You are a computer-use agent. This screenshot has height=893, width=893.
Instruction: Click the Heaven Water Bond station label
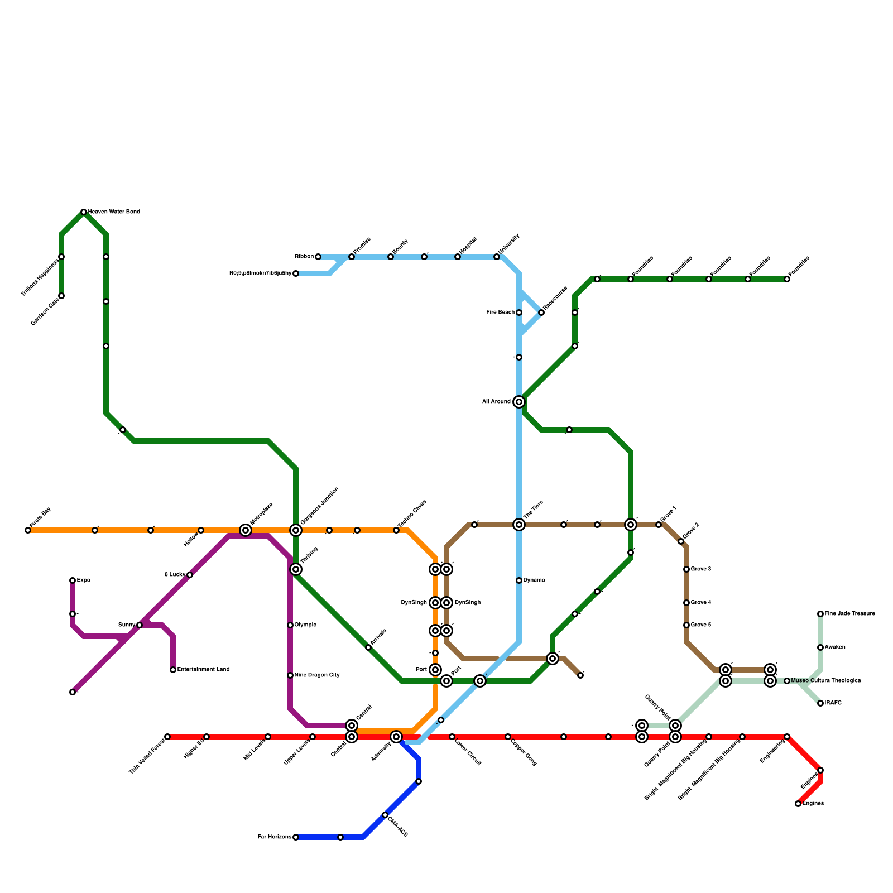(x=114, y=212)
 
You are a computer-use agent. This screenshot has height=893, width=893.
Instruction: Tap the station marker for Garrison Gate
(x=61, y=296)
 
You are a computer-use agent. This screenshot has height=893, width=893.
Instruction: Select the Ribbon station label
(x=304, y=257)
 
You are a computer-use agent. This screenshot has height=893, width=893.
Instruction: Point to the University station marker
(x=497, y=257)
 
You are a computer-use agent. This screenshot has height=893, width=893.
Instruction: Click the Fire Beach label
(x=501, y=313)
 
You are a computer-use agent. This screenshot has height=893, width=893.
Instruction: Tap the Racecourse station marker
(x=541, y=313)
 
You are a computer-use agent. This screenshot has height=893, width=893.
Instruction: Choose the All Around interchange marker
(x=519, y=402)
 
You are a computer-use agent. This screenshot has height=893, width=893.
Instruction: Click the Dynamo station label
(x=534, y=580)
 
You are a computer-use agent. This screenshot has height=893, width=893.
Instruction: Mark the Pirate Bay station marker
(x=28, y=530)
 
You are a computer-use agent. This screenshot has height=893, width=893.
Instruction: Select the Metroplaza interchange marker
(x=246, y=530)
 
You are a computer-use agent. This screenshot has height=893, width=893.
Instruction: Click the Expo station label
(x=83, y=580)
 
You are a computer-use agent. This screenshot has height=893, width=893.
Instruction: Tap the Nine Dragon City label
(x=317, y=675)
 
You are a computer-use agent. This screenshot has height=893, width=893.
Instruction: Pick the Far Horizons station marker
(x=296, y=837)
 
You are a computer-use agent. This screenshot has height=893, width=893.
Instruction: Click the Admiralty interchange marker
(x=396, y=737)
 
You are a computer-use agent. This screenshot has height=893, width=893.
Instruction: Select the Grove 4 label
(x=701, y=603)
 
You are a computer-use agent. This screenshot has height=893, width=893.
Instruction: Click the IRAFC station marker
(x=820, y=703)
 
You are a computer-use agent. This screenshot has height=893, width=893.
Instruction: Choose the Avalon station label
(x=835, y=647)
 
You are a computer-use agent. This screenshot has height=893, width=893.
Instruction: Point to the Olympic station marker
(x=290, y=625)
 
